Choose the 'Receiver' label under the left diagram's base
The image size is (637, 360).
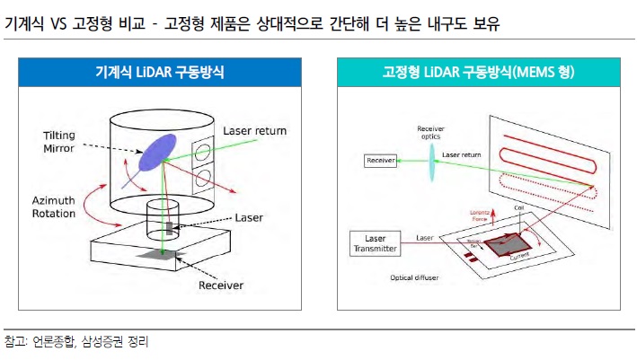point(222,287)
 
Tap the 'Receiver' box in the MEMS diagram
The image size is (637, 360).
point(380,161)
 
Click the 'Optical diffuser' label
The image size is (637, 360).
point(414,277)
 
